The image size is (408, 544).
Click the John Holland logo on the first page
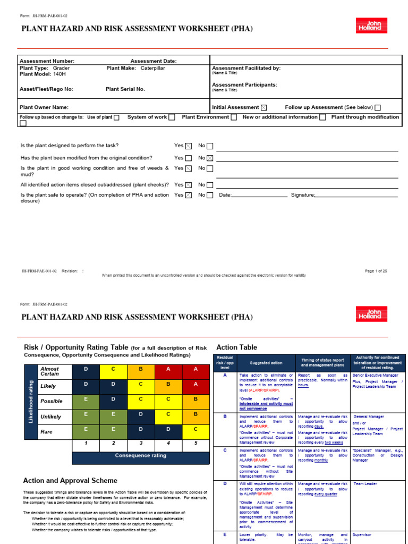[371, 25]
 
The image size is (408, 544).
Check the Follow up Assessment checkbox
[377, 107]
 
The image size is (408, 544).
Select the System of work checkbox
[172, 117]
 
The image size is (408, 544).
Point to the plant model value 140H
[59, 74]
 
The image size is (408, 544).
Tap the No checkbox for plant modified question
[210, 158]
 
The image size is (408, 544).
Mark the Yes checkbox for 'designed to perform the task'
[188, 146]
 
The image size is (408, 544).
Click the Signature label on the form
[303, 195]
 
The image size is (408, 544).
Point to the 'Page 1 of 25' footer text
[376, 271]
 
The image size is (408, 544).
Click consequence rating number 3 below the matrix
[141, 443]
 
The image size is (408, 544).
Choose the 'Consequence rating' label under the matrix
[141, 455]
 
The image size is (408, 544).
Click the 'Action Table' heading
[236, 347]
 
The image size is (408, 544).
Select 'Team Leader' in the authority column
[365, 484]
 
